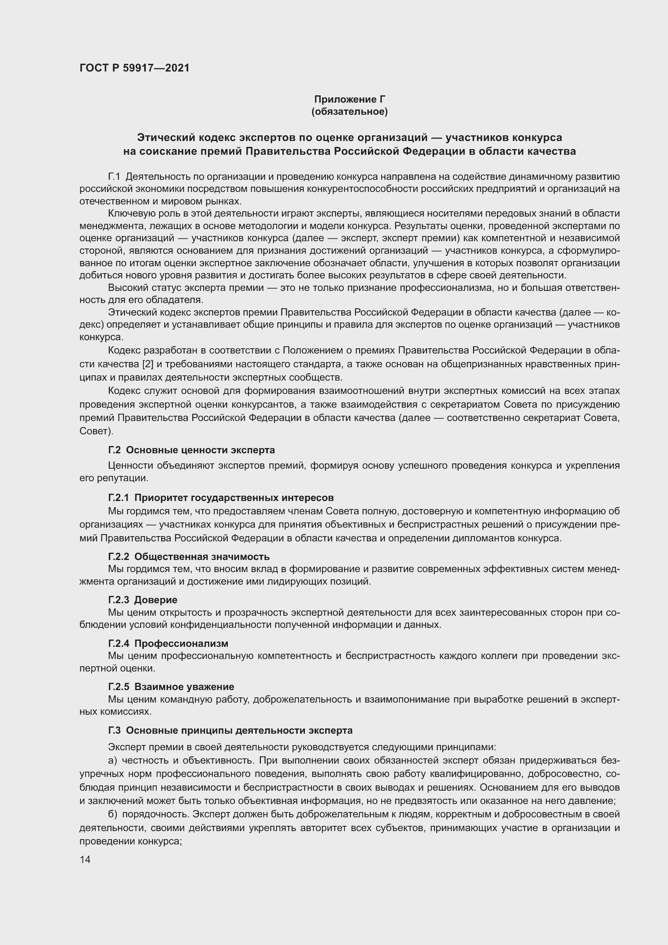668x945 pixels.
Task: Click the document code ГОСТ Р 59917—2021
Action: point(134,68)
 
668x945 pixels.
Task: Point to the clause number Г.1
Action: point(114,177)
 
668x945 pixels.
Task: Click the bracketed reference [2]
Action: point(148,364)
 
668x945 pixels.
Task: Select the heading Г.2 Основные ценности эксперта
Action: point(191,450)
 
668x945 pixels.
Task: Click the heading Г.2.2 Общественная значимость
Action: point(189,556)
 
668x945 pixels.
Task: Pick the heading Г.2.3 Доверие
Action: point(143,600)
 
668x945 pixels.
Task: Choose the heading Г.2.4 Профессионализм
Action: point(168,643)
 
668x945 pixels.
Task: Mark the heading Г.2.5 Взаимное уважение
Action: point(171,686)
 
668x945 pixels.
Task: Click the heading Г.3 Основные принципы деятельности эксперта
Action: point(230,730)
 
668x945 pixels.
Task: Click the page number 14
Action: point(85,859)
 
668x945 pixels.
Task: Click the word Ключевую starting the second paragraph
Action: point(128,214)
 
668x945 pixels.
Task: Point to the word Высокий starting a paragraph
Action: point(126,288)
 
